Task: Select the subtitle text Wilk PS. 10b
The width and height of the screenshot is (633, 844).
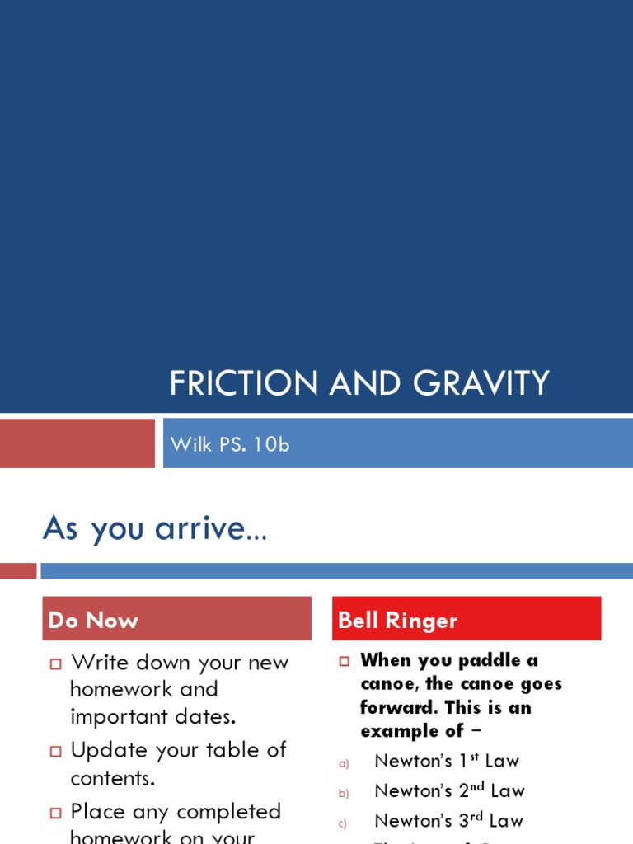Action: pos(230,444)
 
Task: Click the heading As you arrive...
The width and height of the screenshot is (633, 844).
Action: pos(155,527)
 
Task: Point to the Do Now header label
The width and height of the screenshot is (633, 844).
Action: pos(93,621)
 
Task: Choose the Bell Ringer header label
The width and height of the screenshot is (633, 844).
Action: pos(397,621)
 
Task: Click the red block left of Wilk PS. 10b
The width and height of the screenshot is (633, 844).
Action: pos(77,443)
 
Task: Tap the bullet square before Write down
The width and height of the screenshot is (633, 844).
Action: pos(56,664)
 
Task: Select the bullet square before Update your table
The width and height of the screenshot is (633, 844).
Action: pos(56,752)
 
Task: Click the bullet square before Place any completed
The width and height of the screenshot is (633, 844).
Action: pos(56,813)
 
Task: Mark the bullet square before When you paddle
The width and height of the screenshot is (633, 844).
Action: pos(345,661)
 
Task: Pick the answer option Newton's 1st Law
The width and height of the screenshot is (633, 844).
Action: pos(447,761)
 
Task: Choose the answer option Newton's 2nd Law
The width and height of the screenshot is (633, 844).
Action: pos(449,790)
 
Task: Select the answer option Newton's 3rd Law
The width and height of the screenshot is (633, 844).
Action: pos(448,821)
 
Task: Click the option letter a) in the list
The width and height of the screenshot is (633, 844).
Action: pos(344,764)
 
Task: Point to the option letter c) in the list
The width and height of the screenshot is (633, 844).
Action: pos(344,823)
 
